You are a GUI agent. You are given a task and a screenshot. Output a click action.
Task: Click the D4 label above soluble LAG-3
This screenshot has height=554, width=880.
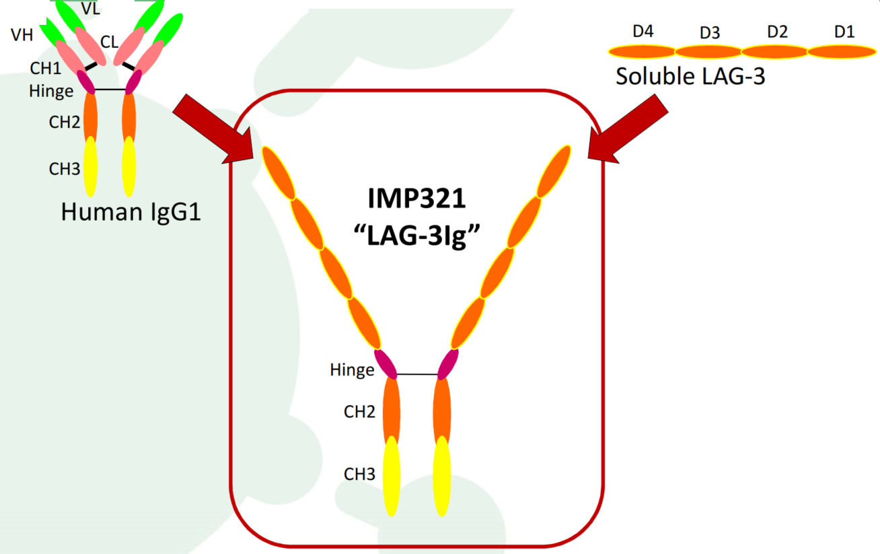643,32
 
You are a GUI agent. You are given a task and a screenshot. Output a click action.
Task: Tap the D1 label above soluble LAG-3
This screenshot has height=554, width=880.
844,32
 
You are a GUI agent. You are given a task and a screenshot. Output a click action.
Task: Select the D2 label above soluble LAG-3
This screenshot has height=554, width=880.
778,32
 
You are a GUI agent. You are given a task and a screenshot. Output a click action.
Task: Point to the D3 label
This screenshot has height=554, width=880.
710,32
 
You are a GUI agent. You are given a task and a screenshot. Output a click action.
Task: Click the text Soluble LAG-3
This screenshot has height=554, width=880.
690,76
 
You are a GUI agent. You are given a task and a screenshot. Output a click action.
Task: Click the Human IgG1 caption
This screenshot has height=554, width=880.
131,212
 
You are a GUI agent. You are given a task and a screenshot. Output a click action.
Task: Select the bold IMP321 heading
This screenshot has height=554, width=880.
417,198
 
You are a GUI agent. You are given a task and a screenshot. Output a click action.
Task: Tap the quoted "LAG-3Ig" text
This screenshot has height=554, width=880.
417,236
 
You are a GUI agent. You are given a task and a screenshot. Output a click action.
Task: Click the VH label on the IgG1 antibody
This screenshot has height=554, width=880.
22,35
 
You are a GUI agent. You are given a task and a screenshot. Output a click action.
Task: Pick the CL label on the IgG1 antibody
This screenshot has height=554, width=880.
109,42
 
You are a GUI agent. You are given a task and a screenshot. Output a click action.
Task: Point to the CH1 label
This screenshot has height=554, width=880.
46,69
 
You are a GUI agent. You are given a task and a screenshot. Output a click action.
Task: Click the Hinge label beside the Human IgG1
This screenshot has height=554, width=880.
51,92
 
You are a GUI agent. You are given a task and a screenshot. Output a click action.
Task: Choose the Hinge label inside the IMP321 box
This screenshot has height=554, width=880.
352,370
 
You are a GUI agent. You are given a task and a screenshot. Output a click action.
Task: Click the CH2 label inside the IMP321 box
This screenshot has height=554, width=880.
359,412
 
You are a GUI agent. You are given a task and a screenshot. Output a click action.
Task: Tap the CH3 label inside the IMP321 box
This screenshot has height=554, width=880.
359,474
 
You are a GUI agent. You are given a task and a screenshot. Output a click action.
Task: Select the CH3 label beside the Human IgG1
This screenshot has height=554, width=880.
65,169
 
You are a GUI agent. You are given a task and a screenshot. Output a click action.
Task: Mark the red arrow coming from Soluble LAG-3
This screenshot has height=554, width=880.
628,129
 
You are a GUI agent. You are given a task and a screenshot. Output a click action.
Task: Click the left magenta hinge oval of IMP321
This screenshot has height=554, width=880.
386,364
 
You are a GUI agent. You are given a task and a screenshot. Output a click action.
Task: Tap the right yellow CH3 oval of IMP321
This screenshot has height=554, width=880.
442,476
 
